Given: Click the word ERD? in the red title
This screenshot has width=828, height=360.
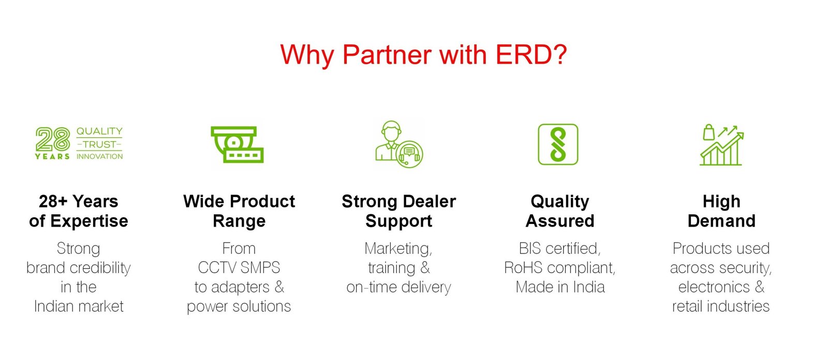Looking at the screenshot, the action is coord(531,55).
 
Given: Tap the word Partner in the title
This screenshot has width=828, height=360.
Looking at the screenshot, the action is coord(387,55).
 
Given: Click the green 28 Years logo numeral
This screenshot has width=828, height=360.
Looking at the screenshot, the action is coord(53,139).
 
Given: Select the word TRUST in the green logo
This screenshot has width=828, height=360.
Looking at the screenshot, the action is coord(99,144).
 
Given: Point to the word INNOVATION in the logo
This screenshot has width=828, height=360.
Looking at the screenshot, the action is coord(99,156).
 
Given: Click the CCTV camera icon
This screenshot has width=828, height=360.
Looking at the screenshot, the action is coord(237,144).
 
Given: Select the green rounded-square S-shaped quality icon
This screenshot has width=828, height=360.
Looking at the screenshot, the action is coord(558,144).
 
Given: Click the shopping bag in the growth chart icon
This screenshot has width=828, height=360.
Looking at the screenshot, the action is coord(708,132).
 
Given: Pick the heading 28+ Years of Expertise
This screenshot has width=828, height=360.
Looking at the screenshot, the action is coord(78,211).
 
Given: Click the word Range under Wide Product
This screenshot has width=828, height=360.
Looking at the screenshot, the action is coord(239,221).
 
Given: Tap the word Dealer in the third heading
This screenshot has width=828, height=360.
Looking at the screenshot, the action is coord(429,201).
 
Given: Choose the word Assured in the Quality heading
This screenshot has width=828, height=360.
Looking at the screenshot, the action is coord(559,221).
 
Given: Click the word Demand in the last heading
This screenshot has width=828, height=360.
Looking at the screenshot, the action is coord(721,221).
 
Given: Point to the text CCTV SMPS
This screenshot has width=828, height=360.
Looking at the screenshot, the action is coord(239,267).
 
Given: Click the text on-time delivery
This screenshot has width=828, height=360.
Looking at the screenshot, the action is coord(398,287).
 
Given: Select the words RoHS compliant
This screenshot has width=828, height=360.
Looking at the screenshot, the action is coord(559,267).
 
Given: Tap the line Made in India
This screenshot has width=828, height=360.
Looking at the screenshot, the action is coord(560,287).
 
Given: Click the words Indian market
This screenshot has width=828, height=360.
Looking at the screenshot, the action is coord(78,306).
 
